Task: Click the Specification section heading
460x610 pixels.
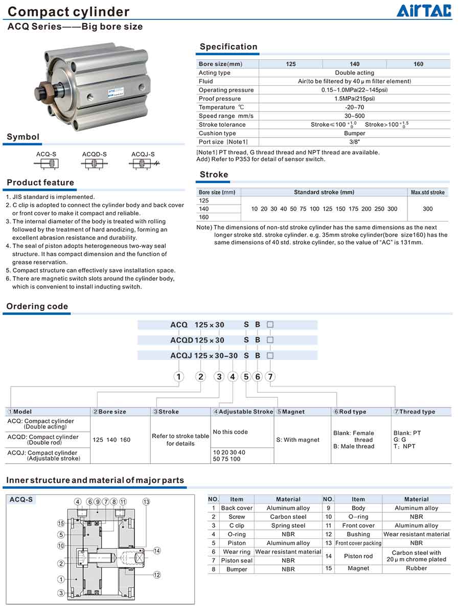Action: tap(228, 47)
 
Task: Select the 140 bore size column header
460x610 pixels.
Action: tap(355, 64)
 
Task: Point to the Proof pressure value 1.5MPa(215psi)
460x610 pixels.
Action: tap(354, 99)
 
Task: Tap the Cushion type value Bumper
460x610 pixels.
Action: tap(355, 133)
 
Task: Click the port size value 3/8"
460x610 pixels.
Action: tap(354, 142)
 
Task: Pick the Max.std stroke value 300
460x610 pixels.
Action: tap(428, 209)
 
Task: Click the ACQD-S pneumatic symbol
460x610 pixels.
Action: tap(94, 164)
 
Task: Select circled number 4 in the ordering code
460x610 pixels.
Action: tap(233, 377)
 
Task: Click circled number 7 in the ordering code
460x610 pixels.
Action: tap(270, 377)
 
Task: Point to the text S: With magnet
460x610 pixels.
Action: tap(297, 440)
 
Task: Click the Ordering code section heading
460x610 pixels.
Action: tap(37, 306)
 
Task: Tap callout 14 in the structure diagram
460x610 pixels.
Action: tap(157, 551)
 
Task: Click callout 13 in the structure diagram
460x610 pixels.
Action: tap(146, 502)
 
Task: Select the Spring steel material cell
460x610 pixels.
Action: tap(288, 526)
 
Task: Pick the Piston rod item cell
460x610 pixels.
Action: tap(358, 556)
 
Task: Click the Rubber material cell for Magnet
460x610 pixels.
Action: tap(417, 568)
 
